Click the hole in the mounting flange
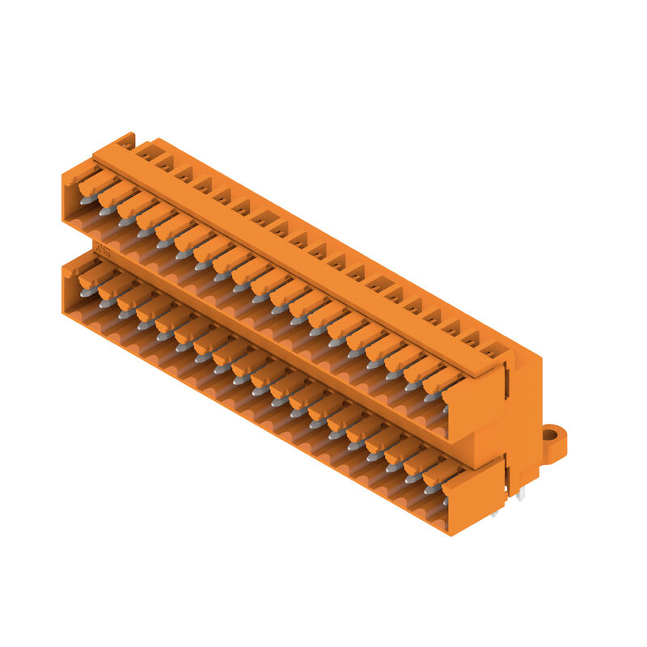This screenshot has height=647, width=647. (550, 435)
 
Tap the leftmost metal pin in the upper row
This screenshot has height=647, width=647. (88, 197)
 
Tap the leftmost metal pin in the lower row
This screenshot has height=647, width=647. (88, 291)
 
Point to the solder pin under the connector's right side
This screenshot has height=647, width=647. (520, 494)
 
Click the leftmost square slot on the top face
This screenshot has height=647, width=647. (146, 151)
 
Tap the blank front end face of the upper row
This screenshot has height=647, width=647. (473, 404)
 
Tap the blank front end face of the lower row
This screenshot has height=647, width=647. (473, 497)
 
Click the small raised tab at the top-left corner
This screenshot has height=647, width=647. (125, 140)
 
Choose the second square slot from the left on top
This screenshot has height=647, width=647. (165, 162)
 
